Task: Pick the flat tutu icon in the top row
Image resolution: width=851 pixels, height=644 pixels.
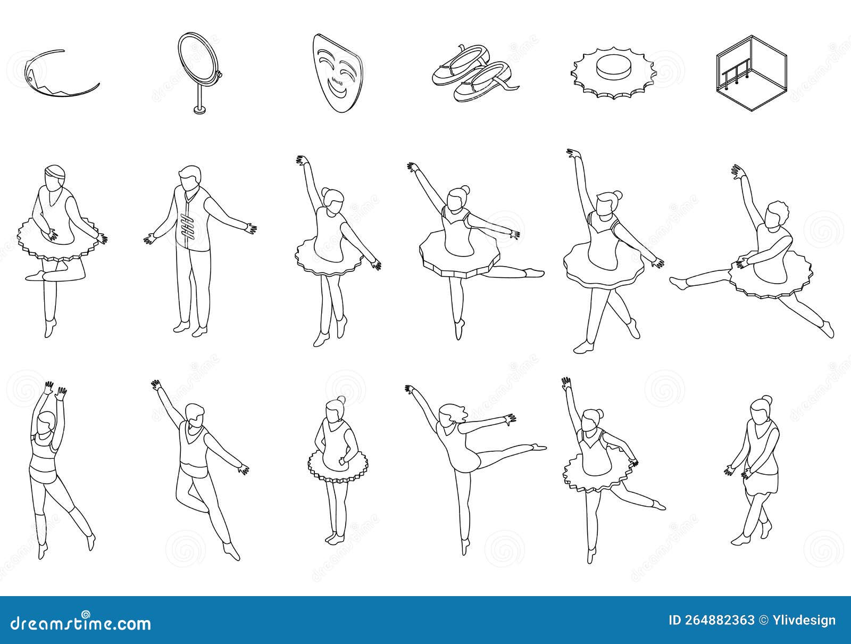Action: point(611,75)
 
